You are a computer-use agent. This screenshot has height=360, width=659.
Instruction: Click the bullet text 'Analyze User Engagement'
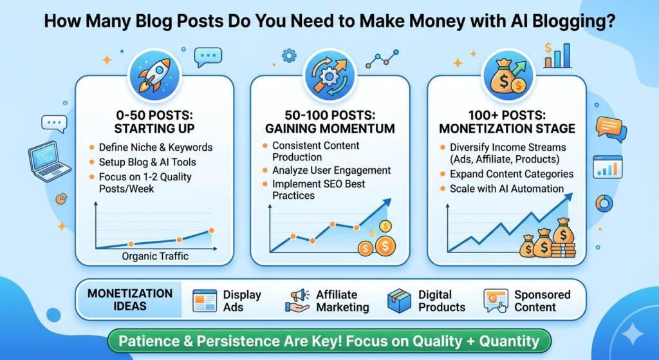(x=331, y=171)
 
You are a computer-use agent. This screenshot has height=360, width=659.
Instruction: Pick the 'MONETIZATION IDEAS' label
(x=130, y=300)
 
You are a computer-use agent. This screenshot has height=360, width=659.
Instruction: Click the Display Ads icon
(x=205, y=300)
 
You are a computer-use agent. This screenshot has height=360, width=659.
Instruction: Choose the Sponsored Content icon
(x=496, y=300)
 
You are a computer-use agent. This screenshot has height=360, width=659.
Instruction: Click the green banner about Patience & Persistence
(x=329, y=339)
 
